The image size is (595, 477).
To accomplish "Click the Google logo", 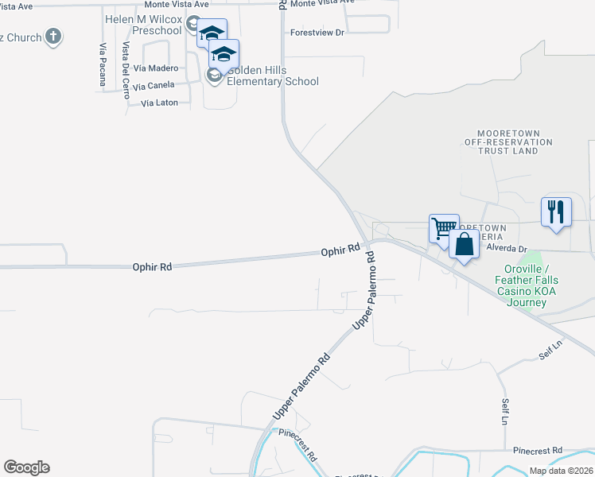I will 26,467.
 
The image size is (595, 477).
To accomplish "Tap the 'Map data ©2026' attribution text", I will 562,471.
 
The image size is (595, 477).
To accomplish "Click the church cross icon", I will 53,36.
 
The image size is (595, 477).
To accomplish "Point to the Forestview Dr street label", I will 317,33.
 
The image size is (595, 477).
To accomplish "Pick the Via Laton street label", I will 159,103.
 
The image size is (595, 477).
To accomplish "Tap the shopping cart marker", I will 444,227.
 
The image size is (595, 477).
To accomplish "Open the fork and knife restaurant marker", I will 556,211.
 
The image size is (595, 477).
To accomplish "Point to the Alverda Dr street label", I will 507,248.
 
